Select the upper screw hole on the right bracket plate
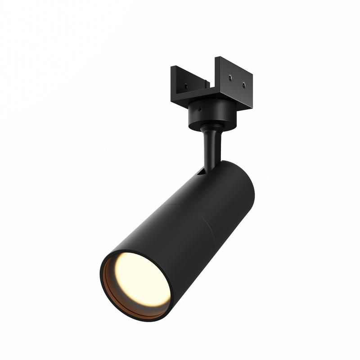(230, 77)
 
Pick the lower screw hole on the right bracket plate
(243, 85)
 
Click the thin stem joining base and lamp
(210, 148)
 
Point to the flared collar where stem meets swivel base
(208, 130)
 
